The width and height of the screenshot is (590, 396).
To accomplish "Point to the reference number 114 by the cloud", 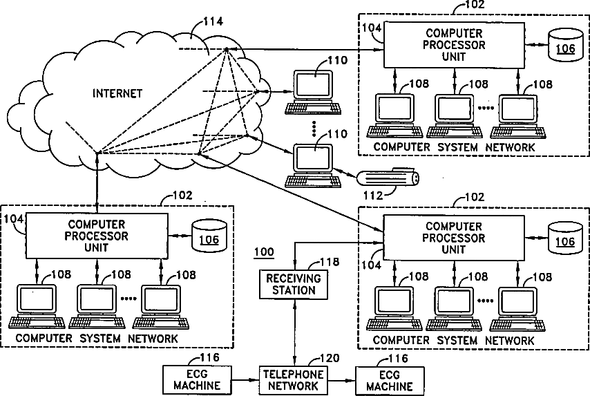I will [213, 21].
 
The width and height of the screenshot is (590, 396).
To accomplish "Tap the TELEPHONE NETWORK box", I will [293, 379].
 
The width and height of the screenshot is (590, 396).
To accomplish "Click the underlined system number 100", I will [263, 252].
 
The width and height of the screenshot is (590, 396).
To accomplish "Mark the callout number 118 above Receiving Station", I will [329, 263].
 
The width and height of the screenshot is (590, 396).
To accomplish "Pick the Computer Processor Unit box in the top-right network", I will [454, 45].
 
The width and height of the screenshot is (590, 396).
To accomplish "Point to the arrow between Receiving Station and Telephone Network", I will [295, 332].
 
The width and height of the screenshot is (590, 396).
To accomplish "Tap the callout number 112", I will [372, 195].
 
